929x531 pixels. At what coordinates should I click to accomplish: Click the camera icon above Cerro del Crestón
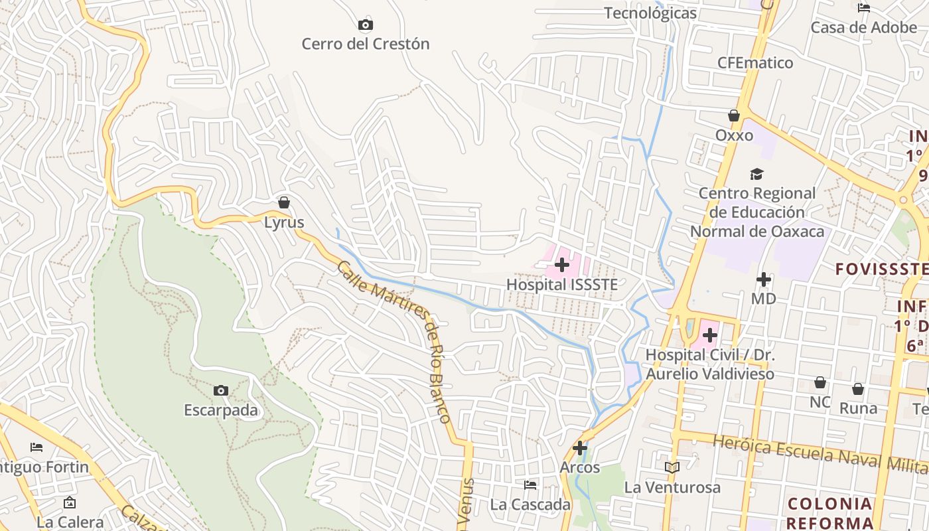(x=365, y=25)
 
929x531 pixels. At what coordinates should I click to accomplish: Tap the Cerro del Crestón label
(x=366, y=44)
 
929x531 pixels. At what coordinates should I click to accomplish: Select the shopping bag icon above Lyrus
(x=284, y=202)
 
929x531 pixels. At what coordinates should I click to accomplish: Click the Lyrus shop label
(x=284, y=222)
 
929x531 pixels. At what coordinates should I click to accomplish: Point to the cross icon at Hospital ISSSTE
(x=562, y=265)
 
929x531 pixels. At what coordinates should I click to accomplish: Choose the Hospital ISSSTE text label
(x=562, y=285)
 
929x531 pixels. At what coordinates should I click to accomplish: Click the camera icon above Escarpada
(x=221, y=390)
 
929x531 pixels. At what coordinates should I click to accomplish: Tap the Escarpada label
(x=221, y=410)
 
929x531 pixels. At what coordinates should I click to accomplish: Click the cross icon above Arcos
(x=580, y=448)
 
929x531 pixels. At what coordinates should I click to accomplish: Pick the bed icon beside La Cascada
(x=530, y=485)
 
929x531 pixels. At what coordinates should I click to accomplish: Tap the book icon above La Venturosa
(x=672, y=468)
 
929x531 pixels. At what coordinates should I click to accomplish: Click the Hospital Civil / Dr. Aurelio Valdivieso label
(x=710, y=364)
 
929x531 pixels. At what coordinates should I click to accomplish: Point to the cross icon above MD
(x=764, y=279)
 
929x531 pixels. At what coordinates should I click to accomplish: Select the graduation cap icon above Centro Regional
(x=756, y=174)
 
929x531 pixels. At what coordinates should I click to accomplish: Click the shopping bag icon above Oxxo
(x=734, y=116)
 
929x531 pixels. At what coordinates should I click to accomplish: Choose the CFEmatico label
(x=755, y=63)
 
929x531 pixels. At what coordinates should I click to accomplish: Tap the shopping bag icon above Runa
(x=858, y=389)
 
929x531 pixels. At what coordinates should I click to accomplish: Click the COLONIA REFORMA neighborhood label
(x=830, y=512)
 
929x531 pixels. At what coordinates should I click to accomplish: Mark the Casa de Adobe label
(x=864, y=28)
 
